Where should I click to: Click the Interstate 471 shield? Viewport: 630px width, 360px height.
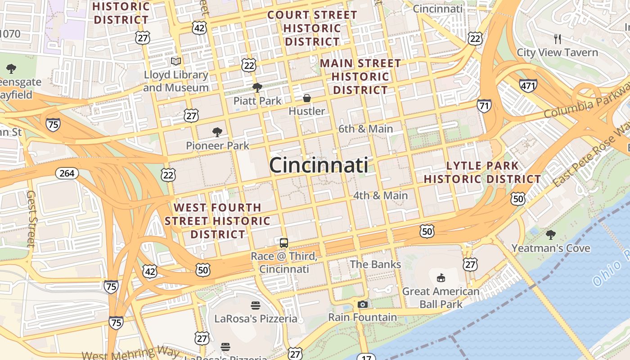pyautogui.click(x=528, y=85)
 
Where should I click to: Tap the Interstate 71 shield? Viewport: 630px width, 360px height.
pyautogui.click(x=484, y=106)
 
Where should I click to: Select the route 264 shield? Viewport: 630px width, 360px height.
pyautogui.click(x=67, y=173)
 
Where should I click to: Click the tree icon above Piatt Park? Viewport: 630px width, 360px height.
pyautogui.click(x=257, y=87)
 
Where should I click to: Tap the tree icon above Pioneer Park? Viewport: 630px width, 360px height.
pyautogui.click(x=217, y=132)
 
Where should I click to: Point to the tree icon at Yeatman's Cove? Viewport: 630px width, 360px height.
pyautogui.click(x=550, y=234)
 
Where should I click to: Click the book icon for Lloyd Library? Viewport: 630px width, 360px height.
pyautogui.click(x=175, y=61)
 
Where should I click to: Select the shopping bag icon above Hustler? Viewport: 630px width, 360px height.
pyautogui.click(x=307, y=98)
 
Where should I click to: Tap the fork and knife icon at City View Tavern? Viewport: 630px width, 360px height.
pyautogui.click(x=558, y=39)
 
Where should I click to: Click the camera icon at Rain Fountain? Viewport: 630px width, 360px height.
pyautogui.click(x=362, y=304)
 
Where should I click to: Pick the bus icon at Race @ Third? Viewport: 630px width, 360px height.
pyautogui.click(x=284, y=243)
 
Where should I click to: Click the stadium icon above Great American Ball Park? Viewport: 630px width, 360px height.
pyautogui.click(x=441, y=278)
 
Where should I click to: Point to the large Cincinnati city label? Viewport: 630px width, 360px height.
pyautogui.click(x=319, y=165)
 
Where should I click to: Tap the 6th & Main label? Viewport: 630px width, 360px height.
pyautogui.click(x=365, y=129)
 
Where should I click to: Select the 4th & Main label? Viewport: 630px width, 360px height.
pyautogui.click(x=380, y=196)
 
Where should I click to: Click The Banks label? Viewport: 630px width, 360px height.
pyautogui.click(x=375, y=264)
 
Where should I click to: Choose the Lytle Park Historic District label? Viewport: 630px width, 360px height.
pyautogui.click(x=482, y=172)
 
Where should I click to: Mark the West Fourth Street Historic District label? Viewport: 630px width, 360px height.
pyautogui.click(x=217, y=221)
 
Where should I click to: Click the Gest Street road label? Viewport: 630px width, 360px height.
pyautogui.click(x=31, y=219)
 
